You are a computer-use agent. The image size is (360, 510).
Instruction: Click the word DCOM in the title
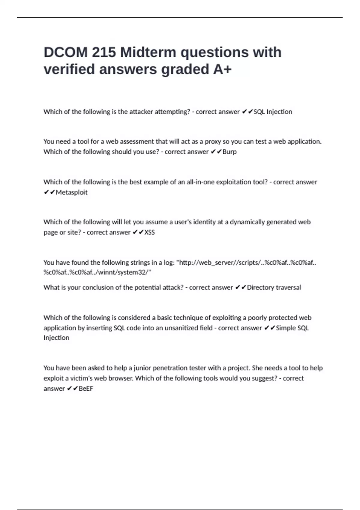click(x=65, y=52)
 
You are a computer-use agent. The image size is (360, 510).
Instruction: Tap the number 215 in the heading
click(x=103, y=52)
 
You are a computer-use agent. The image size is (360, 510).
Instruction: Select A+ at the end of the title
click(x=222, y=69)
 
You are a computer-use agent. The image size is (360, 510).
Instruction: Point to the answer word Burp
click(x=229, y=152)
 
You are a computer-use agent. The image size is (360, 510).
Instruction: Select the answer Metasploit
click(x=71, y=192)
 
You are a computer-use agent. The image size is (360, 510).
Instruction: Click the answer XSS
click(x=149, y=232)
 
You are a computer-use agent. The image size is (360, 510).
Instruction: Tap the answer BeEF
click(x=86, y=388)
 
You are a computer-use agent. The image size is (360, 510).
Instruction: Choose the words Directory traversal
click(x=274, y=287)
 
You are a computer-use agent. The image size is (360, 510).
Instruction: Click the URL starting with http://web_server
click(x=246, y=262)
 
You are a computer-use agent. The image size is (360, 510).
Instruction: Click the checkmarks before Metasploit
click(x=49, y=192)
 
